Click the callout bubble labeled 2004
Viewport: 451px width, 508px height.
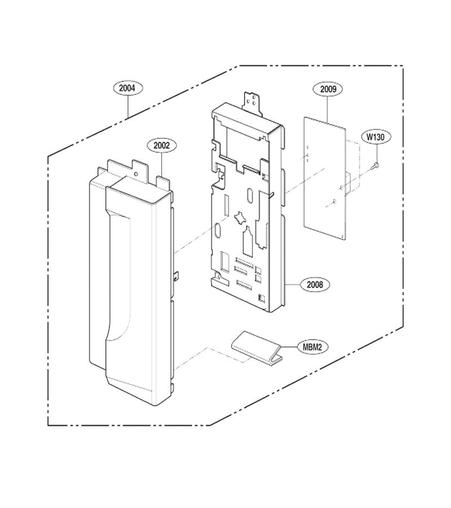point(128,88)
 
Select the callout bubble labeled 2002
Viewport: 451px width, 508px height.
point(161,146)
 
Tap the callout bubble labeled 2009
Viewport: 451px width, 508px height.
point(328,89)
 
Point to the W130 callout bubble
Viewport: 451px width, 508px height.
point(375,137)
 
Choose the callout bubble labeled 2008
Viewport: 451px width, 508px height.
point(315,284)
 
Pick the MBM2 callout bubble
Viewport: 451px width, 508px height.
point(312,347)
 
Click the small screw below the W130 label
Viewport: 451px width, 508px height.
point(376,165)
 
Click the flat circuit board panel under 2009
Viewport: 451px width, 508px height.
point(325,179)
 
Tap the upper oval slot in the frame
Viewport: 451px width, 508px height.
point(250,196)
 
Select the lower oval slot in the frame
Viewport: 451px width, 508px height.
point(218,231)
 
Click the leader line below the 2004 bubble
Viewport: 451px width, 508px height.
point(128,106)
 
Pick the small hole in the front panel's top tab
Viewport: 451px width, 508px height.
point(136,174)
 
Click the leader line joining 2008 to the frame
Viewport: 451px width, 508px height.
point(292,284)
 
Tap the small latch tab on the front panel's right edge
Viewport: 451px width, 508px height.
point(176,277)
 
